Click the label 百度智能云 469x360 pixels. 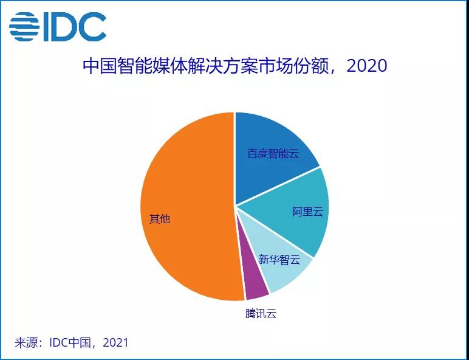click(x=273, y=153)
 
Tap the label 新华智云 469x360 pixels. click(x=279, y=260)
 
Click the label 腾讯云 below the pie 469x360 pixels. click(x=261, y=314)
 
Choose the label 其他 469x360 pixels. click(x=160, y=219)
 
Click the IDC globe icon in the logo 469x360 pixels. click(x=24, y=26)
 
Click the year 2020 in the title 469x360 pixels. click(x=366, y=65)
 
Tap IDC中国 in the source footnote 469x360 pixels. click(x=70, y=343)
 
